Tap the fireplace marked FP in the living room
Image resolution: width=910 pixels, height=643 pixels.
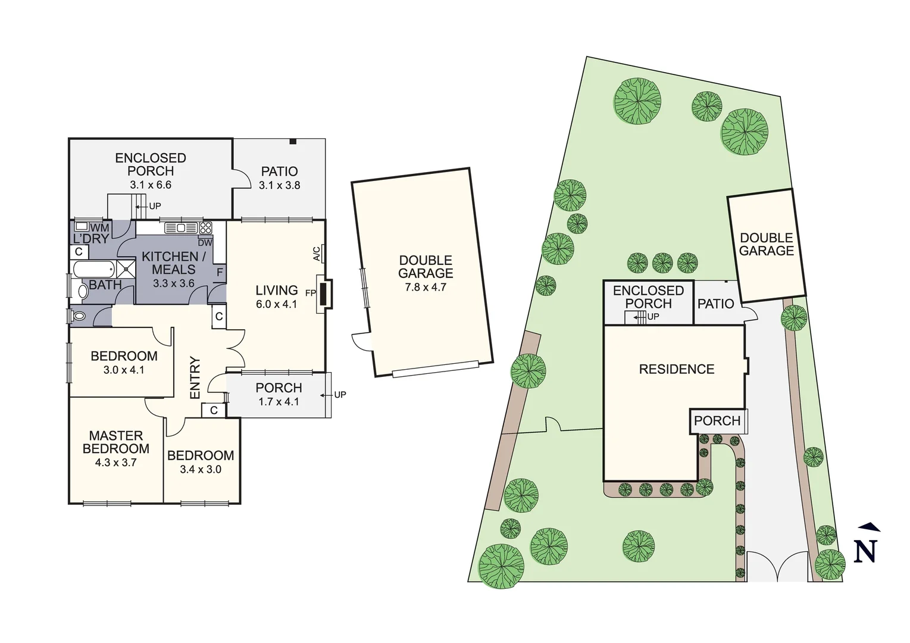325,293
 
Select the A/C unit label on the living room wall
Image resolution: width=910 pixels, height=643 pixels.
317,254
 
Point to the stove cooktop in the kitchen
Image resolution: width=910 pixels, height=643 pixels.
205,227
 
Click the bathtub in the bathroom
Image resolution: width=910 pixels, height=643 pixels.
95,269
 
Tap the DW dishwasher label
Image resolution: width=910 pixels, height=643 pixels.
205,242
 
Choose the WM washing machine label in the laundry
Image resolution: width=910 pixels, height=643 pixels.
99,227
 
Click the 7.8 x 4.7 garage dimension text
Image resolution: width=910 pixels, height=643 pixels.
426,287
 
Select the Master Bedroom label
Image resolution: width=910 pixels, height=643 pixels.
116,442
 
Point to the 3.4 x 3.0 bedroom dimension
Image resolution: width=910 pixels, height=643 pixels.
201,469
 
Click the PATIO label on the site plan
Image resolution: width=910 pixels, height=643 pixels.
715,304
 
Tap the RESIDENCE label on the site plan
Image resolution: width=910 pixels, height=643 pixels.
676,369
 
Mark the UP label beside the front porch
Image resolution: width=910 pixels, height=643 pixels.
340,395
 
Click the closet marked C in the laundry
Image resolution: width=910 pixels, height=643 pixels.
79,251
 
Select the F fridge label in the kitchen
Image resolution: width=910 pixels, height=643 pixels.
220,272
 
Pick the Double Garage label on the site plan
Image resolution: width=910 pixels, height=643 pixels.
767,245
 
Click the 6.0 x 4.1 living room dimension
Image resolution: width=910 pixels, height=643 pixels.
276,304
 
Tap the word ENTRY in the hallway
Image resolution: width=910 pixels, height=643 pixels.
195,377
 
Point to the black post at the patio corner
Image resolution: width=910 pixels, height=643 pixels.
293,141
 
